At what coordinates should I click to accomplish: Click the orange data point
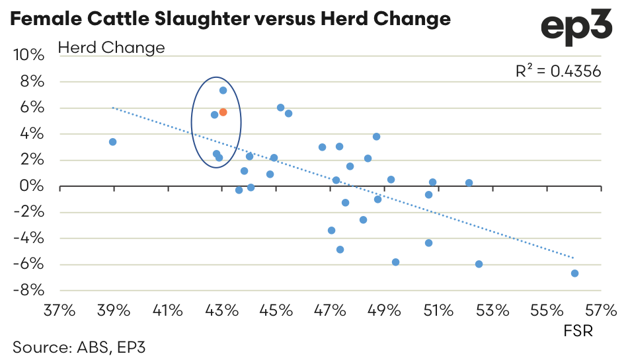coord(223,112)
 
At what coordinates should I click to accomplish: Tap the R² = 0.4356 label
coord(558,71)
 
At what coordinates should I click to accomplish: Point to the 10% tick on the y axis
coord(29,55)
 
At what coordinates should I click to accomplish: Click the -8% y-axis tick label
coord(29,291)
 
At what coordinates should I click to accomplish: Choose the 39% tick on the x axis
coord(114,309)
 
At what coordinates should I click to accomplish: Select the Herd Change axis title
coord(111,48)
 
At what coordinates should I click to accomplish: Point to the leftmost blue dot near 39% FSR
coord(112,142)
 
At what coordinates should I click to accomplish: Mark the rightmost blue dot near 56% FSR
coord(574,273)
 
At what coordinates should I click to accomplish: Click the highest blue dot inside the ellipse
coord(223,90)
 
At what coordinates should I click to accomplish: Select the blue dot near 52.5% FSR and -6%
coord(479,264)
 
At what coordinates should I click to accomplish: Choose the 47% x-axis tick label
coord(330,309)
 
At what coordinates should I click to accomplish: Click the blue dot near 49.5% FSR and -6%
coord(395,262)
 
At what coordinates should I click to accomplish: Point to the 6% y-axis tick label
coord(33,108)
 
